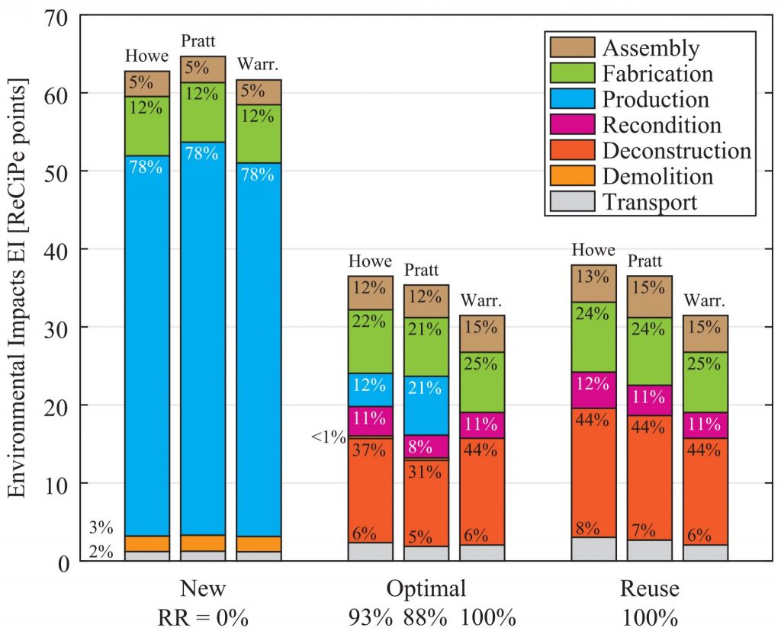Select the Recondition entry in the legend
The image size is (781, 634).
click(661, 124)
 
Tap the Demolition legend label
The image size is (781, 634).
click(658, 176)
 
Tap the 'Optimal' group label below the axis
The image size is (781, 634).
click(426, 588)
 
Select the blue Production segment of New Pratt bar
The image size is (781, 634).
click(203, 335)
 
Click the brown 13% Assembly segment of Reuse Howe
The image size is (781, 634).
click(594, 283)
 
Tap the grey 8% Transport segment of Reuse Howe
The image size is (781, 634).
click(594, 549)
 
